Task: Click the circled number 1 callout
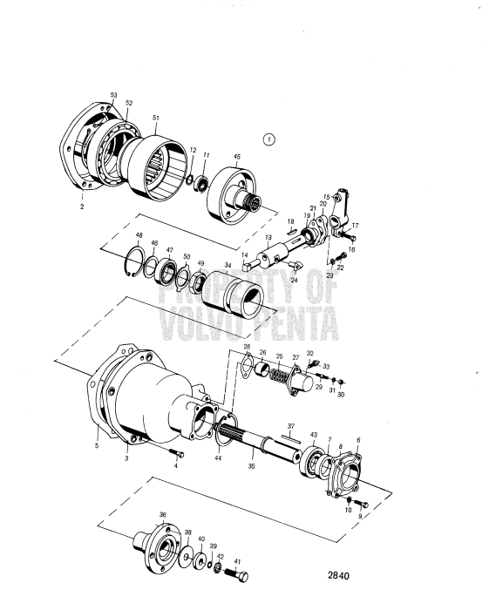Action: [269, 139]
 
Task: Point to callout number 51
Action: [155, 119]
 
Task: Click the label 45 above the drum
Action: [235, 158]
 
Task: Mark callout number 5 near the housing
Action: [97, 445]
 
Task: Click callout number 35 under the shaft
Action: [251, 466]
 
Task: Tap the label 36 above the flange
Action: [163, 515]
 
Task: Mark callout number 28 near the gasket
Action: [247, 346]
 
